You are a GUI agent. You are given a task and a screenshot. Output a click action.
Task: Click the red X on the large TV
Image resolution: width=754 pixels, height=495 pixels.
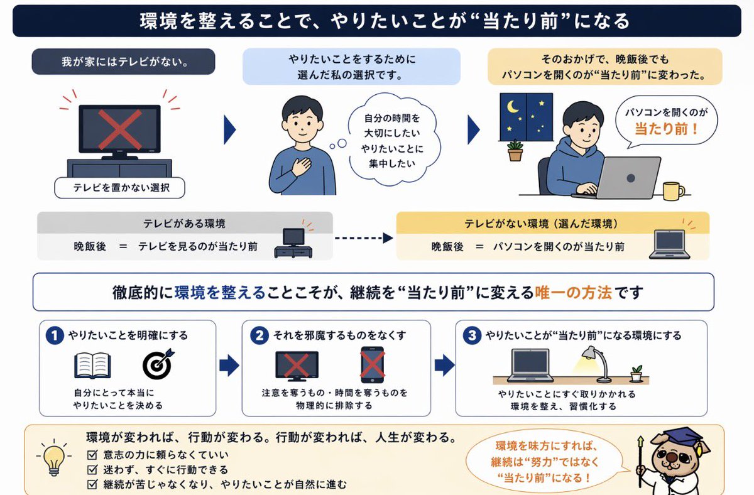coord(119,129)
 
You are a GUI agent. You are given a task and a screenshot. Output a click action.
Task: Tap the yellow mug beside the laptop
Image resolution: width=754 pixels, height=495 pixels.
coord(673,190)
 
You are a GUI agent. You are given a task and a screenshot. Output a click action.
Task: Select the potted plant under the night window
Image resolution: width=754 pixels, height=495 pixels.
coord(515,151)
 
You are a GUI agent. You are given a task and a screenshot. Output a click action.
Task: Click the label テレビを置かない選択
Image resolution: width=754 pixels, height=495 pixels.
coord(120,187)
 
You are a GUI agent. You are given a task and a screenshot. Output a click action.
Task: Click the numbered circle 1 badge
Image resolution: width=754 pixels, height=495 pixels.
coord(55,336)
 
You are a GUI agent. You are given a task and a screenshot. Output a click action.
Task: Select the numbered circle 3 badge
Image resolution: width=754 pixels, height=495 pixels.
coord(471,336)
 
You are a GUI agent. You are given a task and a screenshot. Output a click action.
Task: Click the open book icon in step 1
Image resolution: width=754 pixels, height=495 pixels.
coord(92,365)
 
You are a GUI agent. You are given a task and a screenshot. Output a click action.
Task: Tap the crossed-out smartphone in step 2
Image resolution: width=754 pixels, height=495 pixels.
coord(372,365)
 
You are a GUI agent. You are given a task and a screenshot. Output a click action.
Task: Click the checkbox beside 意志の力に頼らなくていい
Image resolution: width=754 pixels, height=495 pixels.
coord(92,455)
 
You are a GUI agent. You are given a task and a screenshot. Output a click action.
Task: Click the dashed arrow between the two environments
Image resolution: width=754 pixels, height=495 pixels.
coord(363,239)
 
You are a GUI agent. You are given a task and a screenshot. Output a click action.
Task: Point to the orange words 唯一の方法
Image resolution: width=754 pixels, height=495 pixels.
coord(573,292)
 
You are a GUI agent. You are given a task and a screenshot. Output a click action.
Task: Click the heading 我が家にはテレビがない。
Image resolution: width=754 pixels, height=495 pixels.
coord(123,62)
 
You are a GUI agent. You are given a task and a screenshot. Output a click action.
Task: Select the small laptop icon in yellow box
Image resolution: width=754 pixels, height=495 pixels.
coord(669,244)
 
